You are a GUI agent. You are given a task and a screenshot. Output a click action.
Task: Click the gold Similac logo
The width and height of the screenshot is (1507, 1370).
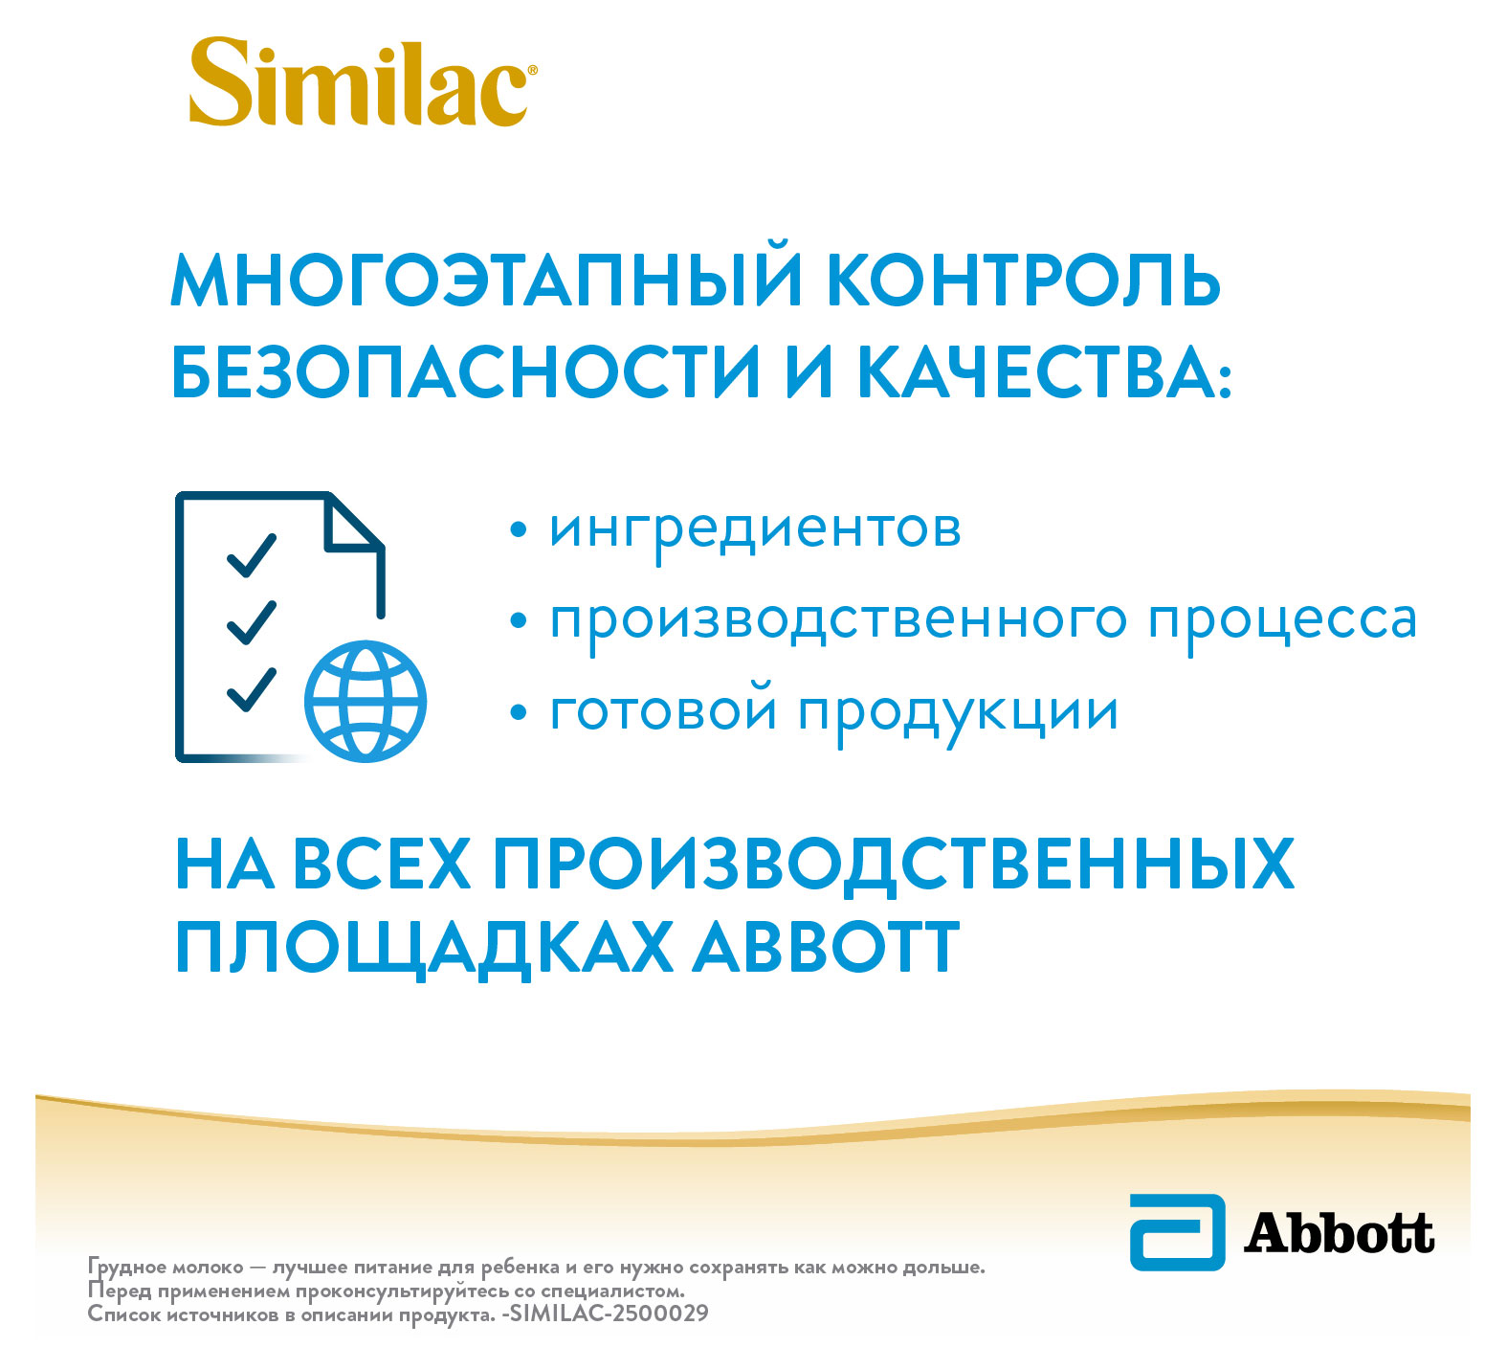362,84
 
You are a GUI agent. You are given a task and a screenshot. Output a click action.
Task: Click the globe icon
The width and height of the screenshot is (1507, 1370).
365,701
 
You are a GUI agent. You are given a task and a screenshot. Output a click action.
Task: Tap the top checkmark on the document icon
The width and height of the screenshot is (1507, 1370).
251,555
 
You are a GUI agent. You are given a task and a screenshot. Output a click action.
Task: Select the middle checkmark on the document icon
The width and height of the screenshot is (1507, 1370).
251,621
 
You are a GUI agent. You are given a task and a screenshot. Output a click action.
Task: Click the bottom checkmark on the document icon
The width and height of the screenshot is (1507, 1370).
251,688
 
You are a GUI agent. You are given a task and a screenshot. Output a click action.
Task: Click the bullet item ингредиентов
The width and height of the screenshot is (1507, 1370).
755,528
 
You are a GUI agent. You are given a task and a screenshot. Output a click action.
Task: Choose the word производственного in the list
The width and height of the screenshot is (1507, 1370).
838,620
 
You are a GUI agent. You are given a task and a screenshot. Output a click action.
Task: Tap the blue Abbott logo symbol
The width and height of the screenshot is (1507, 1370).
1177,1231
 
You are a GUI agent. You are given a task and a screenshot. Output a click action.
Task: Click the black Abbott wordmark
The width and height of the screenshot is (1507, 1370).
1339,1233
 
